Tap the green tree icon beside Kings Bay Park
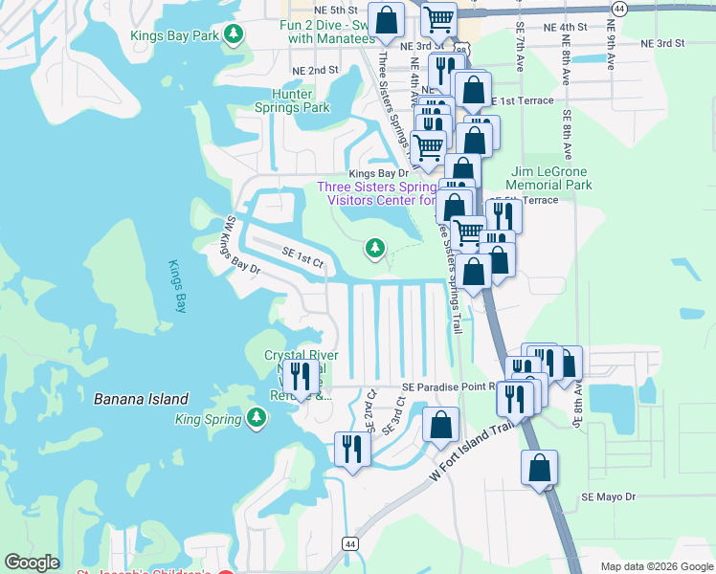pyautogui.click(x=234, y=35)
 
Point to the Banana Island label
pyautogui.click(x=141, y=399)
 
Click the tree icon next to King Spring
pyautogui.click(x=256, y=417)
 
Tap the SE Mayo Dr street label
pyautogui.click(x=608, y=497)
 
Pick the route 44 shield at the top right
pyautogui.click(x=619, y=9)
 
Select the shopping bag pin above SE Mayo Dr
pyautogui.click(x=539, y=468)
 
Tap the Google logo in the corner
pyautogui.click(x=32, y=563)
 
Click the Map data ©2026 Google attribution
pyautogui.click(x=656, y=566)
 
